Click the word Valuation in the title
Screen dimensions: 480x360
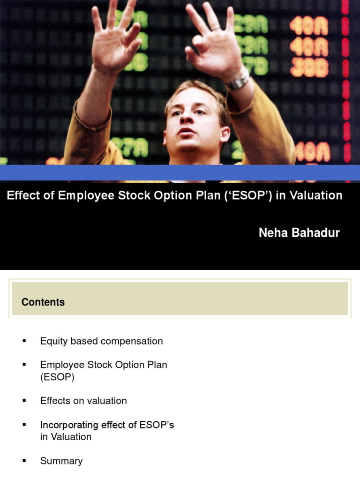[315, 195]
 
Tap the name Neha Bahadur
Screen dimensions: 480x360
[299, 233]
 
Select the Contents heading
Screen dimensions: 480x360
[43, 302]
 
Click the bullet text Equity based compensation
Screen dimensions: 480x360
[101, 341]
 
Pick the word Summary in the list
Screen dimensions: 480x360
[61, 461]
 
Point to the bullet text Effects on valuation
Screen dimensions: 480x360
[83, 401]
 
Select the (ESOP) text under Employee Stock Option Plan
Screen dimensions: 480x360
[57, 377]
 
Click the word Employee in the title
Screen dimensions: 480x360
[86, 195]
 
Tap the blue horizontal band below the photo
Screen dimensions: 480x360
[180, 172]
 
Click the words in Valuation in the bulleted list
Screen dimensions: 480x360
[66, 437]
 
